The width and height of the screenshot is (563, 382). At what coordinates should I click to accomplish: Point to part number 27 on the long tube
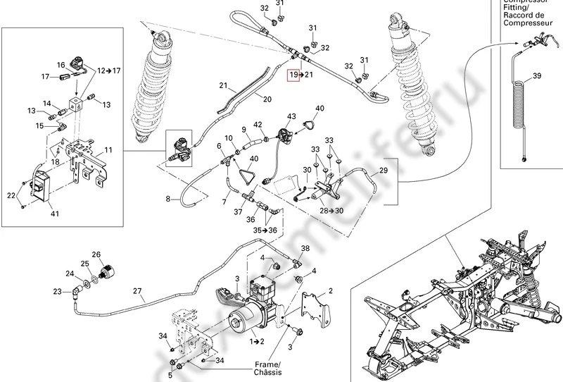(x=137, y=290)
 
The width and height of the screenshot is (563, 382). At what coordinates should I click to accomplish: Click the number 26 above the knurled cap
(x=96, y=254)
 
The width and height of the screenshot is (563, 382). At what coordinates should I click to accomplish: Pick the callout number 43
(x=291, y=116)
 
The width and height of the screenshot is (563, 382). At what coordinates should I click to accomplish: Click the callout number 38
(x=305, y=247)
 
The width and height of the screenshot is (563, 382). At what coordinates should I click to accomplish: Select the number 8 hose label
(x=168, y=200)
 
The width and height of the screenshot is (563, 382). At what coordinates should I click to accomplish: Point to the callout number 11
(x=108, y=150)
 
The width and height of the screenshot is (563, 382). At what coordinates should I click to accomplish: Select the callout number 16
(x=61, y=65)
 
